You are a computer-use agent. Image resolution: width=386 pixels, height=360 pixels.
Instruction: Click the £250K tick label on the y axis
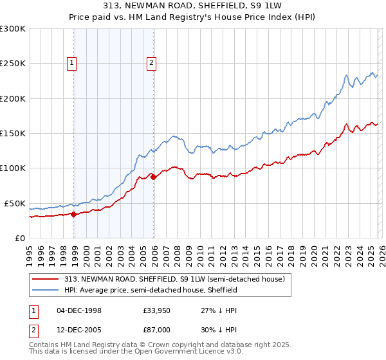coord(12,64)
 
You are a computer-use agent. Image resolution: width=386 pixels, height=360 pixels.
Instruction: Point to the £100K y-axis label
coord(12,168)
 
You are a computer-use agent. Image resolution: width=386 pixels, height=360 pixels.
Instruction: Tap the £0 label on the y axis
coord(19,238)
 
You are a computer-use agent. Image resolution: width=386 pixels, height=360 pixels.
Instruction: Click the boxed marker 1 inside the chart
coord(71,62)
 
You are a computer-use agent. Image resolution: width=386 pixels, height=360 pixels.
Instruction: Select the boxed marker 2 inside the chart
coord(151,62)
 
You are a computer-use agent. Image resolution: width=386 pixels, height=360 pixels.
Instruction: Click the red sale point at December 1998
coord(73,215)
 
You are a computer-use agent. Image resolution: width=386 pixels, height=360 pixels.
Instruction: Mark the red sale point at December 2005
coord(154,177)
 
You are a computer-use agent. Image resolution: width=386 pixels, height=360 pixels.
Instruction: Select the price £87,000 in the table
coord(156,329)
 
